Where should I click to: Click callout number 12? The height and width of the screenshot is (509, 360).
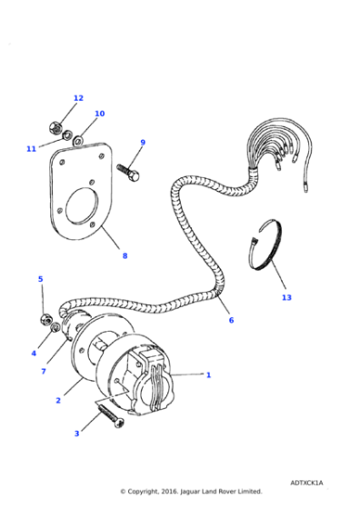pos(78,98)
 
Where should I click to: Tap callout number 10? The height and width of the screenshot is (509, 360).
pos(100,114)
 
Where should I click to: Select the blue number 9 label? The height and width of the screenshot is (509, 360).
pos(143,143)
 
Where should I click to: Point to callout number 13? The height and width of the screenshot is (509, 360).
pos(286,298)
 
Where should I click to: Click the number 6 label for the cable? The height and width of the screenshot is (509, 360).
pos(231,320)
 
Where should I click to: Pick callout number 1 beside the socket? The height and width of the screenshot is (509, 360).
pos(208,375)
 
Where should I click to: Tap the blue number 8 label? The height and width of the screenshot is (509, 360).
pos(125,256)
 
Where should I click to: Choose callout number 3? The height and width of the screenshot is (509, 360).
pos(77,434)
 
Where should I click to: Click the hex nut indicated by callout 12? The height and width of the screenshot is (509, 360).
pos(55,127)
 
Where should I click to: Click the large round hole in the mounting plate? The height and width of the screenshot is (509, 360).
pos(82,206)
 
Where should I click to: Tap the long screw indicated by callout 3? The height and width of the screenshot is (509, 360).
pos(110,416)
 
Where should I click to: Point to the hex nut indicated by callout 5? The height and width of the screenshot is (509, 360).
pos(45,320)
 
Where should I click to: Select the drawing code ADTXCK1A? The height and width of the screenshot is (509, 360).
pos(306,483)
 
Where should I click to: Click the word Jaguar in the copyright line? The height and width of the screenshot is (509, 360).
pos(190,492)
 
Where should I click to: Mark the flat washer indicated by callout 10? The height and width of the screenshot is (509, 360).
pos(78,140)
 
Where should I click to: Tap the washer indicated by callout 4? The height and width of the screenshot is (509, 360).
pos(55,327)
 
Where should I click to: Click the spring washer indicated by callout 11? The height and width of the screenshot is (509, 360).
pos(67,135)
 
